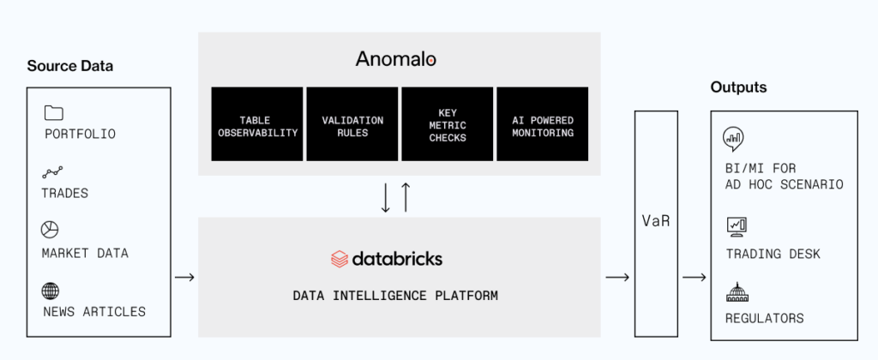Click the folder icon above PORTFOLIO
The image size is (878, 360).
tap(53, 112)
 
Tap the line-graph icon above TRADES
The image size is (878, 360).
tap(53, 172)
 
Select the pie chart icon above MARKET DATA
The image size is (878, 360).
tap(51, 231)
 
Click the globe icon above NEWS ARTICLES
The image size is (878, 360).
tap(52, 290)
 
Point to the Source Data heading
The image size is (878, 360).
tap(70, 66)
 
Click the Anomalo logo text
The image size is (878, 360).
tap(396, 59)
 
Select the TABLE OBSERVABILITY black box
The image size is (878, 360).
tap(256, 124)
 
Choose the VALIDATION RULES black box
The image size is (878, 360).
tap(352, 124)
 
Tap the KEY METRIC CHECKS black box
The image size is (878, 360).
tap(447, 124)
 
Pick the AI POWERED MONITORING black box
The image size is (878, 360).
tap(542, 124)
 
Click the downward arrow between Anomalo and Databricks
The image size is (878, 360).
tap(386, 197)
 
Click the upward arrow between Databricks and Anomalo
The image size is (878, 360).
tap(406, 197)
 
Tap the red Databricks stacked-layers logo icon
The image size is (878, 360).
tap(340, 259)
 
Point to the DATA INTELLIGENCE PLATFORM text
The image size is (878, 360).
tap(395, 296)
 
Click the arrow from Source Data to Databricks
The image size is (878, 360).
tap(183, 277)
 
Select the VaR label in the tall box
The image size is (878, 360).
tap(658, 222)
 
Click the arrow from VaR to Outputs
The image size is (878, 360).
tap(695, 277)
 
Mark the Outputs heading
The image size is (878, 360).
tap(738, 87)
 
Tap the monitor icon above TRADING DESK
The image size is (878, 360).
tap(737, 225)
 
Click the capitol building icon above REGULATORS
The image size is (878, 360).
tap(737, 291)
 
